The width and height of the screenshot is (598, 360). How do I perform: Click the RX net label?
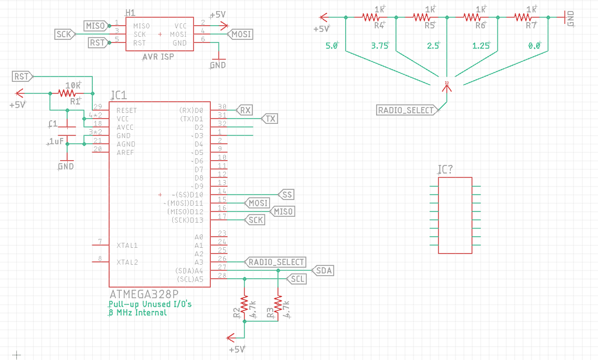click(x=244, y=110)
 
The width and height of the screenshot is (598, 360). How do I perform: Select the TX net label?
click(x=269, y=119)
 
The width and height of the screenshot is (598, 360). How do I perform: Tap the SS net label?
click(x=286, y=194)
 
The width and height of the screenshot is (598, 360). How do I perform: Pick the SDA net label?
click(x=323, y=271)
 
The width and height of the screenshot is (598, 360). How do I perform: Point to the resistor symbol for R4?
click(x=371, y=18)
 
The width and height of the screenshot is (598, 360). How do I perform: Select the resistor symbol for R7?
click(x=523, y=18)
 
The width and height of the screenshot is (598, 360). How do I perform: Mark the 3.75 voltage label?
click(x=380, y=46)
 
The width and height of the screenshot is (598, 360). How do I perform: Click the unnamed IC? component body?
click(x=455, y=215)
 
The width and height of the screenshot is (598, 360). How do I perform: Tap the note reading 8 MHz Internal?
click(x=137, y=313)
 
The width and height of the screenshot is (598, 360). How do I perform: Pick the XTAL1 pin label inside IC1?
click(x=127, y=245)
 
